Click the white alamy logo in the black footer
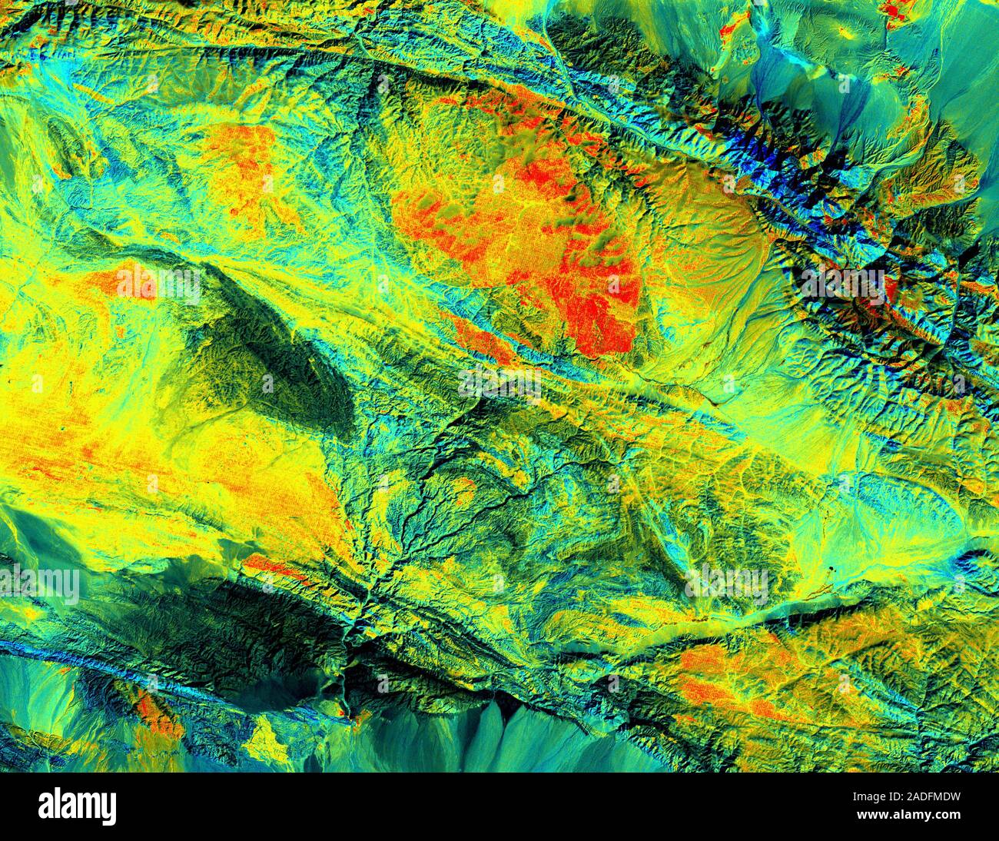click(78, 806)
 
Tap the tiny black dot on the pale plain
click(831, 570)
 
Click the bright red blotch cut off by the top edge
click(895, 9)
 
